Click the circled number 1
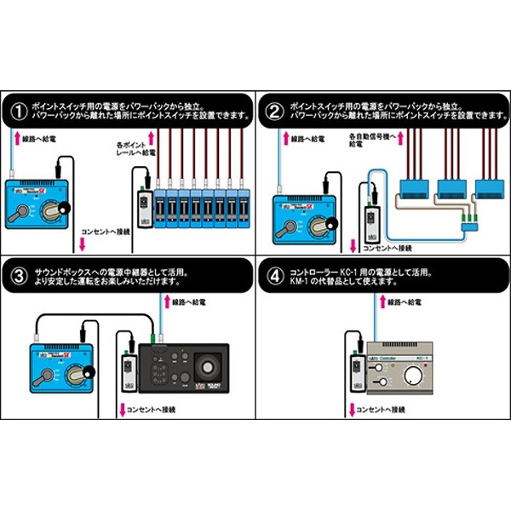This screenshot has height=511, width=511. point(18,109)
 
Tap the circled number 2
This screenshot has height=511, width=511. point(274,109)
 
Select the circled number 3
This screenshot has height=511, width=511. point(18,276)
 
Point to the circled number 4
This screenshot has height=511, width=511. point(274,276)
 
